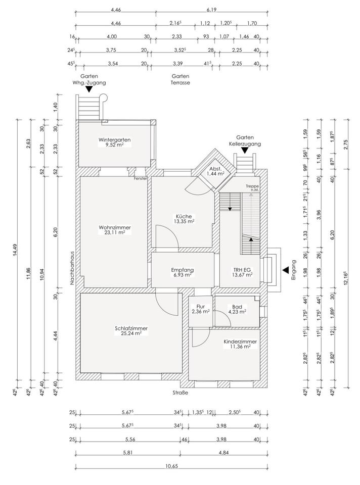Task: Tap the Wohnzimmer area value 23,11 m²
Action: pos(115,233)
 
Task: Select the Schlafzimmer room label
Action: pos(131,328)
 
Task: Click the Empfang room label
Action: pos(182,270)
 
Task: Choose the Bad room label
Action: pos(237,307)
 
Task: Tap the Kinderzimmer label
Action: pos(240,342)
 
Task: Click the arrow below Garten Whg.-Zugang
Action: pos(88,89)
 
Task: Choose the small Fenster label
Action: pos(141,178)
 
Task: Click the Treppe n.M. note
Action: pos(252,188)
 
